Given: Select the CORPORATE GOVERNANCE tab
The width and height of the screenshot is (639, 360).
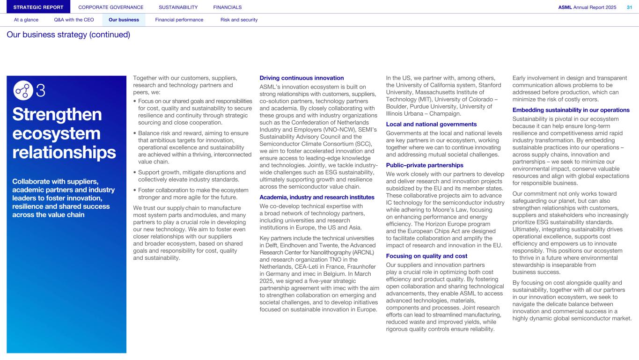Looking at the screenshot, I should (111, 7).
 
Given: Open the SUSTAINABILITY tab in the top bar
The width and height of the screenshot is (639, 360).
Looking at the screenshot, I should (178, 7).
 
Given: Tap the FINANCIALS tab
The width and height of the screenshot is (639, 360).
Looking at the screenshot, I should (228, 7).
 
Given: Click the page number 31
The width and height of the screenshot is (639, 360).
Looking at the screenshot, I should (629, 7).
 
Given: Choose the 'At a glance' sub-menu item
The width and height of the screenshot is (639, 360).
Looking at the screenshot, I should (26, 20).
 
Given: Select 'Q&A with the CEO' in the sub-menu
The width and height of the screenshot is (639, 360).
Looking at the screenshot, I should (73, 20).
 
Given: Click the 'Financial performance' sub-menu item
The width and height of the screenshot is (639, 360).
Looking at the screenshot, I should (179, 20).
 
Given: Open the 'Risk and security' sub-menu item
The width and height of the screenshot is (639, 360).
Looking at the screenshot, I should (239, 20).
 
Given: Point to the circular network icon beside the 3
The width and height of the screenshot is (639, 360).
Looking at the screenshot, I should (23, 90).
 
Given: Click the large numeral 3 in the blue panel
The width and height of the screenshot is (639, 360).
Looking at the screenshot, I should (41, 90).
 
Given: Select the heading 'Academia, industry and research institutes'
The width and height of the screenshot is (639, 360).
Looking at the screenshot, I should (317, 197).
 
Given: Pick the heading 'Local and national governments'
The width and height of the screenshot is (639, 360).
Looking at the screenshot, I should (431, 124).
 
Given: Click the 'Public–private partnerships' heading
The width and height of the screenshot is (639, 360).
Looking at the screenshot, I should (425, 165).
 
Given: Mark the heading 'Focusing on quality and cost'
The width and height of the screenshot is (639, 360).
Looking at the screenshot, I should (426, 256).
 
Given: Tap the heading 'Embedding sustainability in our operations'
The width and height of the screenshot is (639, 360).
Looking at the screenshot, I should (571, 110).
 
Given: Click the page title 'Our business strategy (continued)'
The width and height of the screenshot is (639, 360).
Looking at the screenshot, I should (68, 35).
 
